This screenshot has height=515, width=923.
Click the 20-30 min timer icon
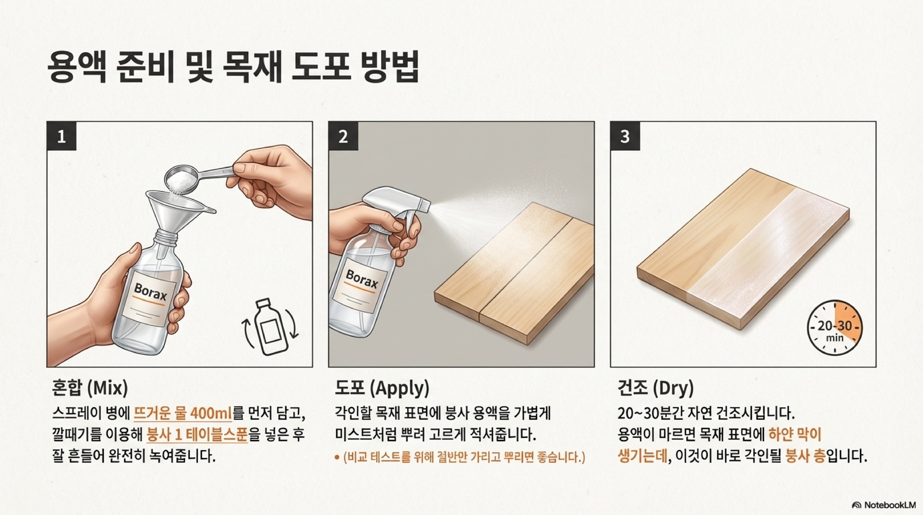pos(835,328)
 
